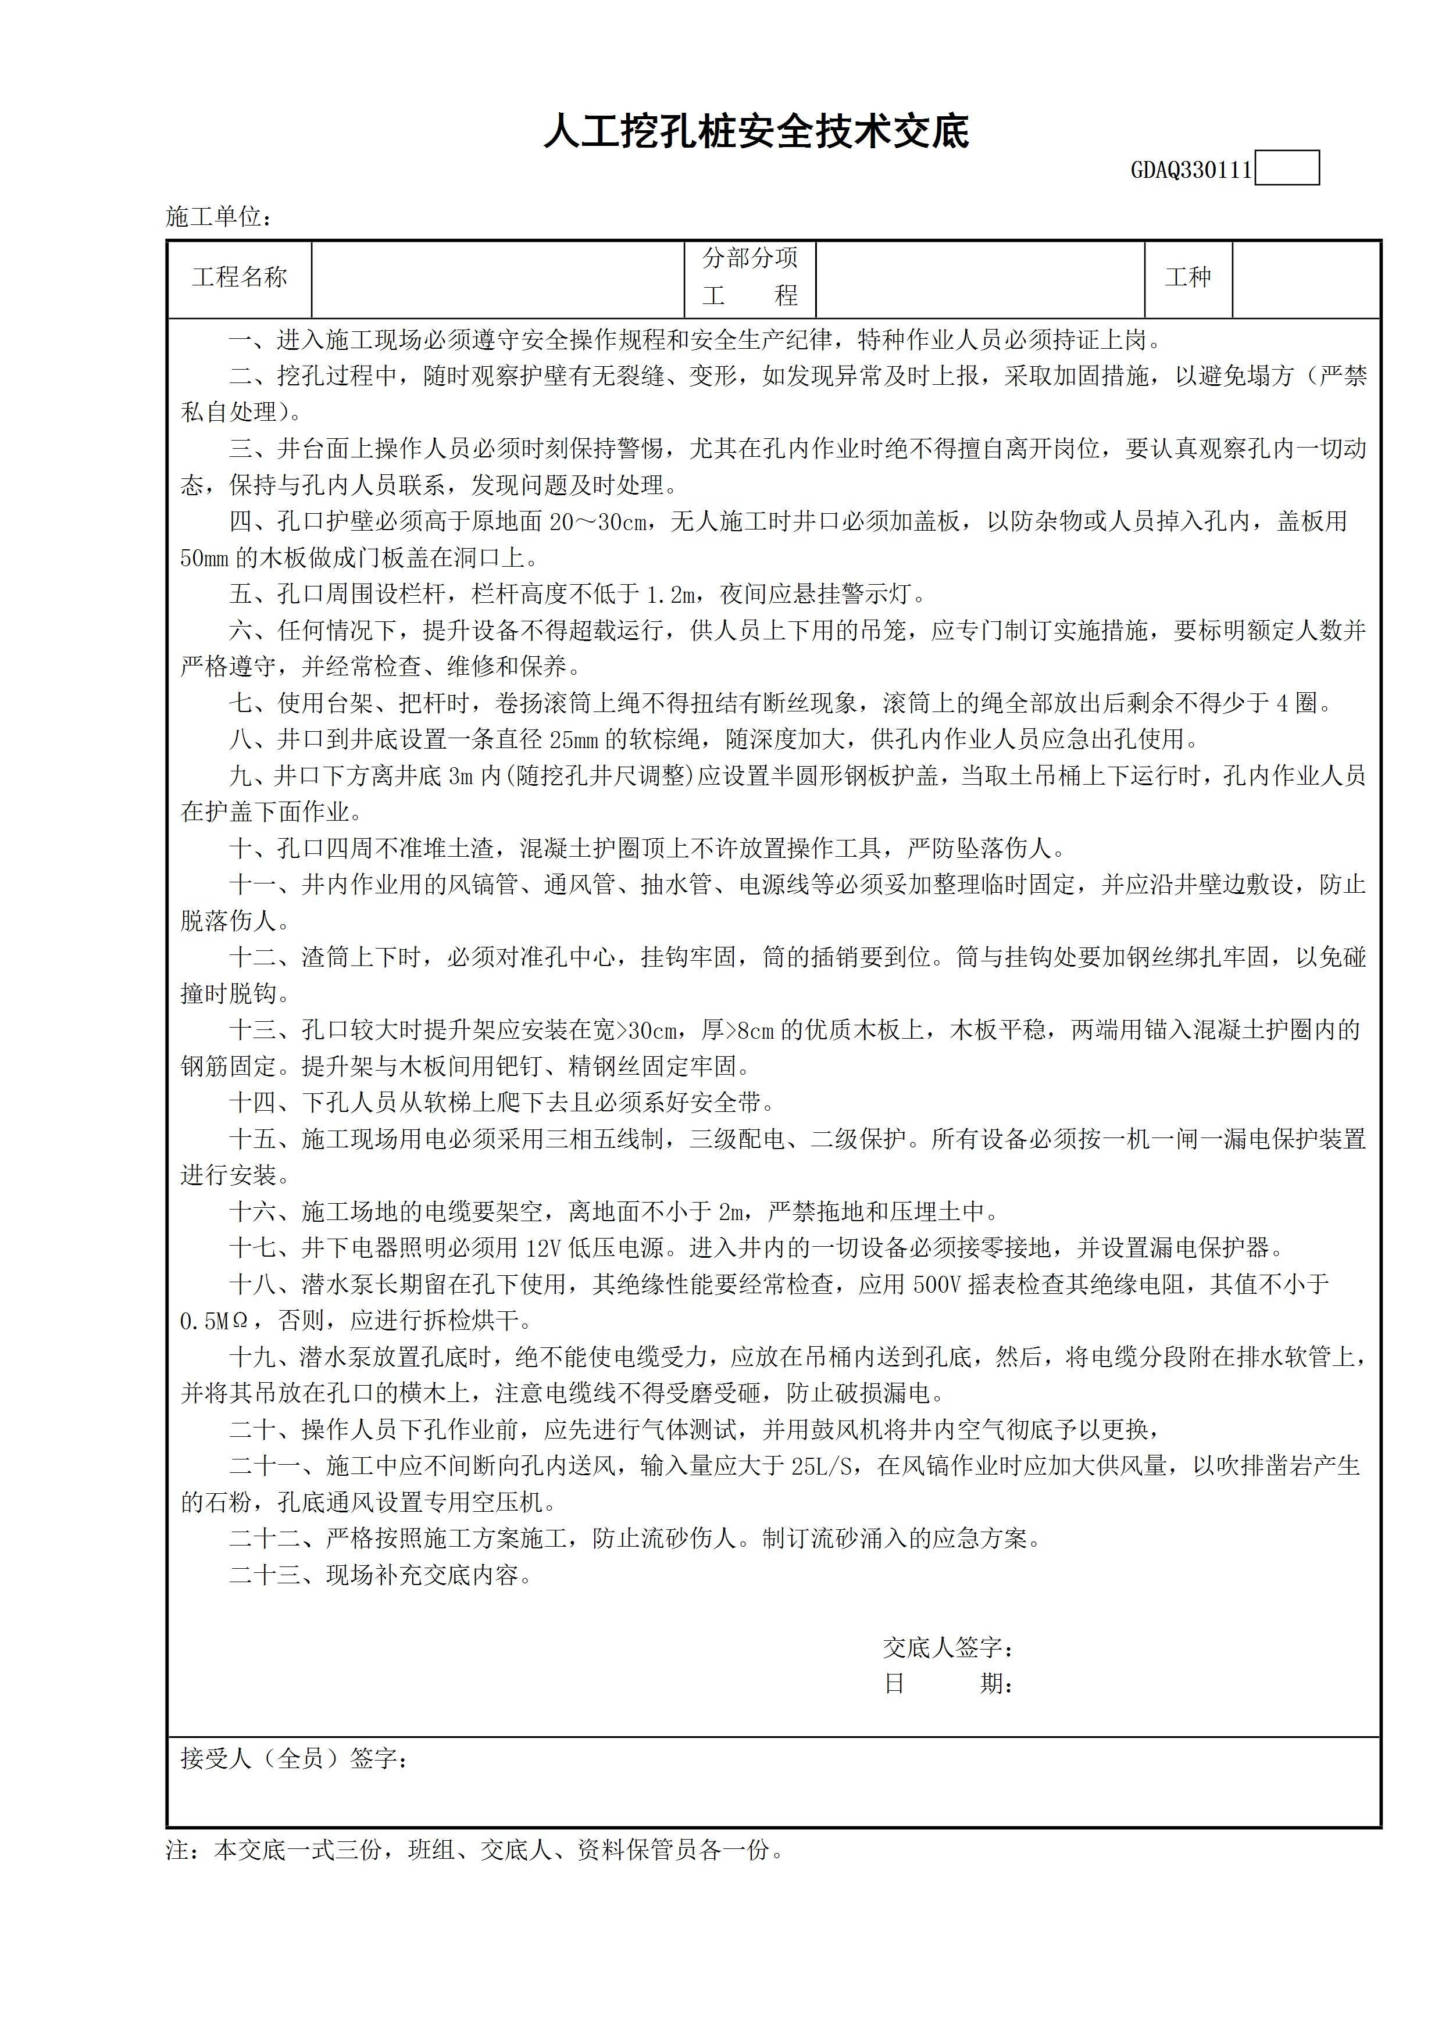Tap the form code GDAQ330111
(1191, 170)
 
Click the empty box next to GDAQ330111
(1287, 169)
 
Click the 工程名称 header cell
(240, 278)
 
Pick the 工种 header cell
(1188, 278)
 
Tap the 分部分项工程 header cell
(750, 278)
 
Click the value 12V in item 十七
(544, 1248)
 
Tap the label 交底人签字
(948, 1648)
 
